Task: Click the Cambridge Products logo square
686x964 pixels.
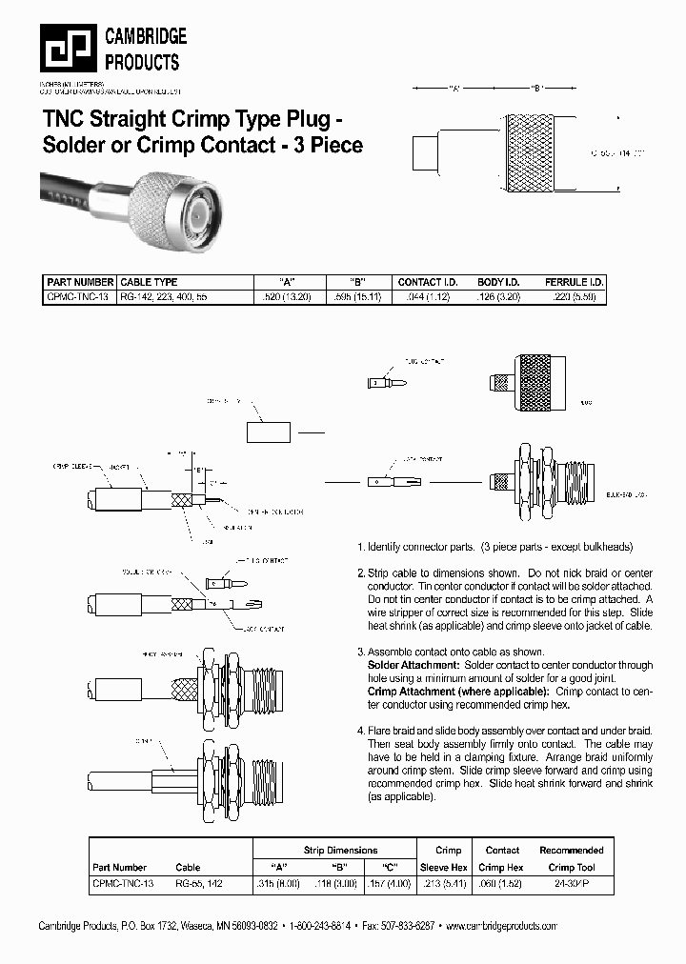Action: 69,48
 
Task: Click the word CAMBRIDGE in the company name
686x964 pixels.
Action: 145,36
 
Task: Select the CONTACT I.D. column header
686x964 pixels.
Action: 428,283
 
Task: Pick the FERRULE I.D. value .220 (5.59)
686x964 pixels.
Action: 575,297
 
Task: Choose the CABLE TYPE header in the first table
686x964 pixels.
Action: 149,283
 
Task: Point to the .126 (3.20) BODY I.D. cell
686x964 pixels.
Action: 498,297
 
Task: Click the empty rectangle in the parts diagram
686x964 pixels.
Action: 268,432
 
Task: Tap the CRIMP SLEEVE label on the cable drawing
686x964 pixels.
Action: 71,467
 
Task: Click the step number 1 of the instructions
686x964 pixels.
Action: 360,548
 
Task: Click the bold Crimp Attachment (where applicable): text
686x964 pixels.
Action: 456,691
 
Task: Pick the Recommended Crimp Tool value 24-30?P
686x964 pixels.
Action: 572,884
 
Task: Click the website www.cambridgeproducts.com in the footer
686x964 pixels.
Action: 501,926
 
